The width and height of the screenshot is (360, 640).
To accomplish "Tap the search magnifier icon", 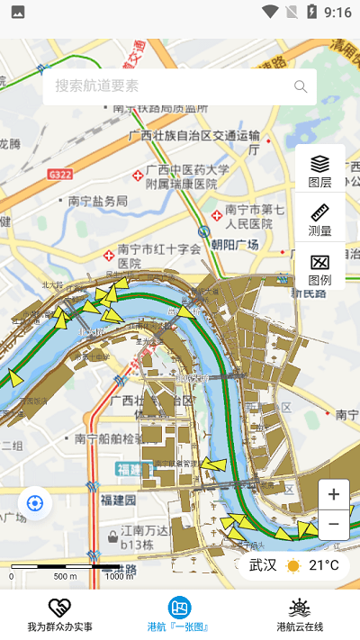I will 301,86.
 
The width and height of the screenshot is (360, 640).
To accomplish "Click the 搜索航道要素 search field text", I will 97,86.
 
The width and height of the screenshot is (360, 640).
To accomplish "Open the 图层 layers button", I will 319,169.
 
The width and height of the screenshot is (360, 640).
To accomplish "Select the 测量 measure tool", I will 319,219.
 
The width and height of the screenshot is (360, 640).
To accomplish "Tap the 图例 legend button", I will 319,268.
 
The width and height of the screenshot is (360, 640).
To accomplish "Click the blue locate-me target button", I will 35,502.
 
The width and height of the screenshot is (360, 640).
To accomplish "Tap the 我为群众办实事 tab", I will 59,615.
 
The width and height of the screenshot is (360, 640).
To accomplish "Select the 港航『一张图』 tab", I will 180,615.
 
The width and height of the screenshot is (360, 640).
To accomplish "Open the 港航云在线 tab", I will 300,615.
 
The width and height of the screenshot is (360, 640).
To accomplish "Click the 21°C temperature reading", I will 324,565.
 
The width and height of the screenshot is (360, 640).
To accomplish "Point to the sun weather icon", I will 293,565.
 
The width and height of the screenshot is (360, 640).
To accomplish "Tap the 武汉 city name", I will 263,565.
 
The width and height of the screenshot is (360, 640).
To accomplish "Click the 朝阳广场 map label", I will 235,245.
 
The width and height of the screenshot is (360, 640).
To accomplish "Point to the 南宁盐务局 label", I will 97,201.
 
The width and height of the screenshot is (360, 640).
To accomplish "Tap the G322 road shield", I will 61,174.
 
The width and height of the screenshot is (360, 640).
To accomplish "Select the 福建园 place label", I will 118,500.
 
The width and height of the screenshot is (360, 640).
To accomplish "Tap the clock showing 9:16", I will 337,13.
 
